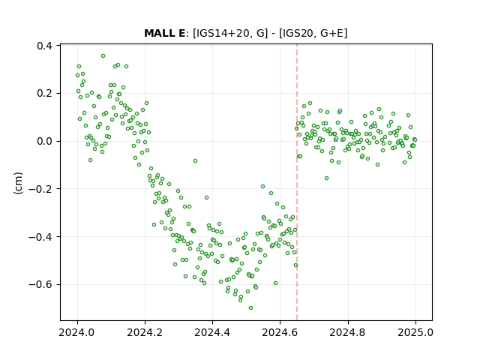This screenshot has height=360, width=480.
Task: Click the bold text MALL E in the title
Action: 164,33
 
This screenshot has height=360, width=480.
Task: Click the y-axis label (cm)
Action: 18,183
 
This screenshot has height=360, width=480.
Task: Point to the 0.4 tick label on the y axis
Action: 44,46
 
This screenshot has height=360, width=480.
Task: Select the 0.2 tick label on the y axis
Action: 44,93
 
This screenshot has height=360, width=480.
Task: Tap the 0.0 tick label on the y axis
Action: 44,141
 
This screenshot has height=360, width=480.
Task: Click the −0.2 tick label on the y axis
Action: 40,189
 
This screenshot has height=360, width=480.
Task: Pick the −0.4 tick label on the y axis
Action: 40,237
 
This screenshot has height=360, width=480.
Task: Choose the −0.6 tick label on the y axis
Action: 40,284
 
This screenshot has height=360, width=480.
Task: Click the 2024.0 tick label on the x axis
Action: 77,332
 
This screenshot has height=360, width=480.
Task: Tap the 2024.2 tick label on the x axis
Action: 145,332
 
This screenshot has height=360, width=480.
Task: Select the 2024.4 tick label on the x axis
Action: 212,332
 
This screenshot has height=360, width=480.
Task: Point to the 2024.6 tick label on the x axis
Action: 280,332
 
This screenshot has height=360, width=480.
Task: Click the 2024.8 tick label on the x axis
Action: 348,332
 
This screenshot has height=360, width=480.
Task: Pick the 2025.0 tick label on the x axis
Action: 415,332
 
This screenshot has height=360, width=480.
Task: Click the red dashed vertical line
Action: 297,182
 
